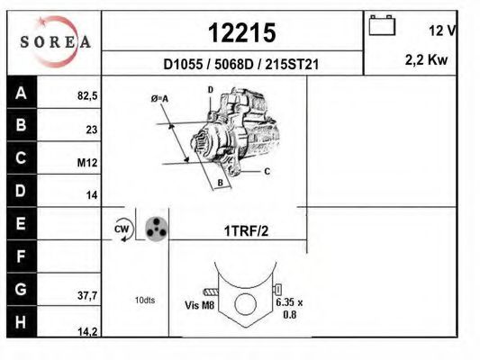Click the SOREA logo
(55, 42)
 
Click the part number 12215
(242, 32)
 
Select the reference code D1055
(183, 65)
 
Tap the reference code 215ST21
(292, 65)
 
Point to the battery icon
(382, 25)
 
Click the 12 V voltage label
(442, 31)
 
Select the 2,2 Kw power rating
(427, 59)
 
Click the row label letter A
(21, 93)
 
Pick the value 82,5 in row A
(87, 96)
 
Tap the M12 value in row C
(87, 163)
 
